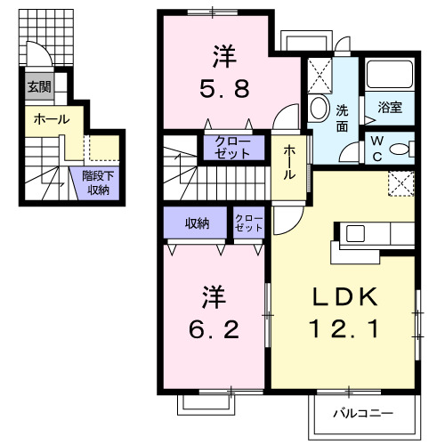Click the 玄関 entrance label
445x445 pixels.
tap(38, 86)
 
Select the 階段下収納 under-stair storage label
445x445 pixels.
tap(96, 183)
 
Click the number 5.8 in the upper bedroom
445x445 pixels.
tap(216, 89)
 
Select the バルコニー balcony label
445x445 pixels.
tap(363, 413)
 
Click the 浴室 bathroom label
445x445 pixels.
tap(390, 109)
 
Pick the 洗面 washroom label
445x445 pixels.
tap(343, 119)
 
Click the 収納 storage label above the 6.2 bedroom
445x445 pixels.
tap(197, 223)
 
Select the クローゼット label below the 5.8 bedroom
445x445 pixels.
tap(234, 148)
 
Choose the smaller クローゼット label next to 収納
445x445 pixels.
tap(248, 222)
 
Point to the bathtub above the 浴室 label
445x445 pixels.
tap(390, 77)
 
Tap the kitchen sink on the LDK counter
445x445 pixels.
tap(356, 234)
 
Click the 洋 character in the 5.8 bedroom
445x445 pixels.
tap(220, 56)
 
